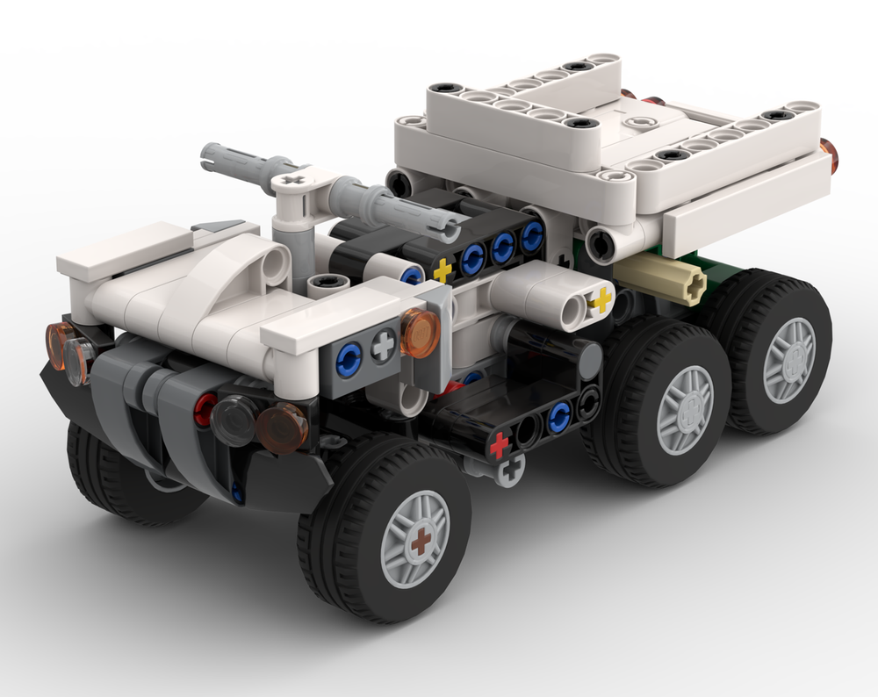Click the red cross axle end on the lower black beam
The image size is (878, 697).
pyautogui.click(x=500, y=445)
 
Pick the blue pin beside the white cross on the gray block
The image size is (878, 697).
pyautogui.click(x=349, y=356)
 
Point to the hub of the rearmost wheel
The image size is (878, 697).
pyautogui.click(x=788, y=360)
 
